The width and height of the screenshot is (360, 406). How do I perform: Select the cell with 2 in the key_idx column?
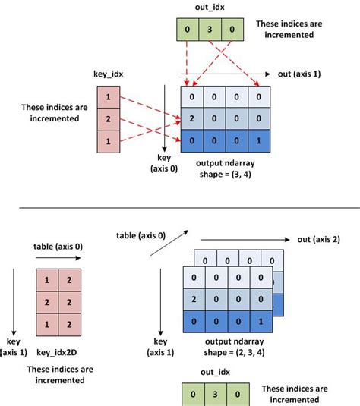[x=108, y=119]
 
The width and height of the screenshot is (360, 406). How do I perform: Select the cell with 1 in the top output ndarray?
[x=261, y=141]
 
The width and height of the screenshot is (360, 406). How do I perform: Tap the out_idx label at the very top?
[x=208, y=7]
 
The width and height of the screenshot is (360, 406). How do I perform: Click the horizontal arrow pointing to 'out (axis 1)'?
[x=228, y=74]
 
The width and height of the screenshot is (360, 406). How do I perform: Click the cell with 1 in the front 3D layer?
[x=261, y=321]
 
